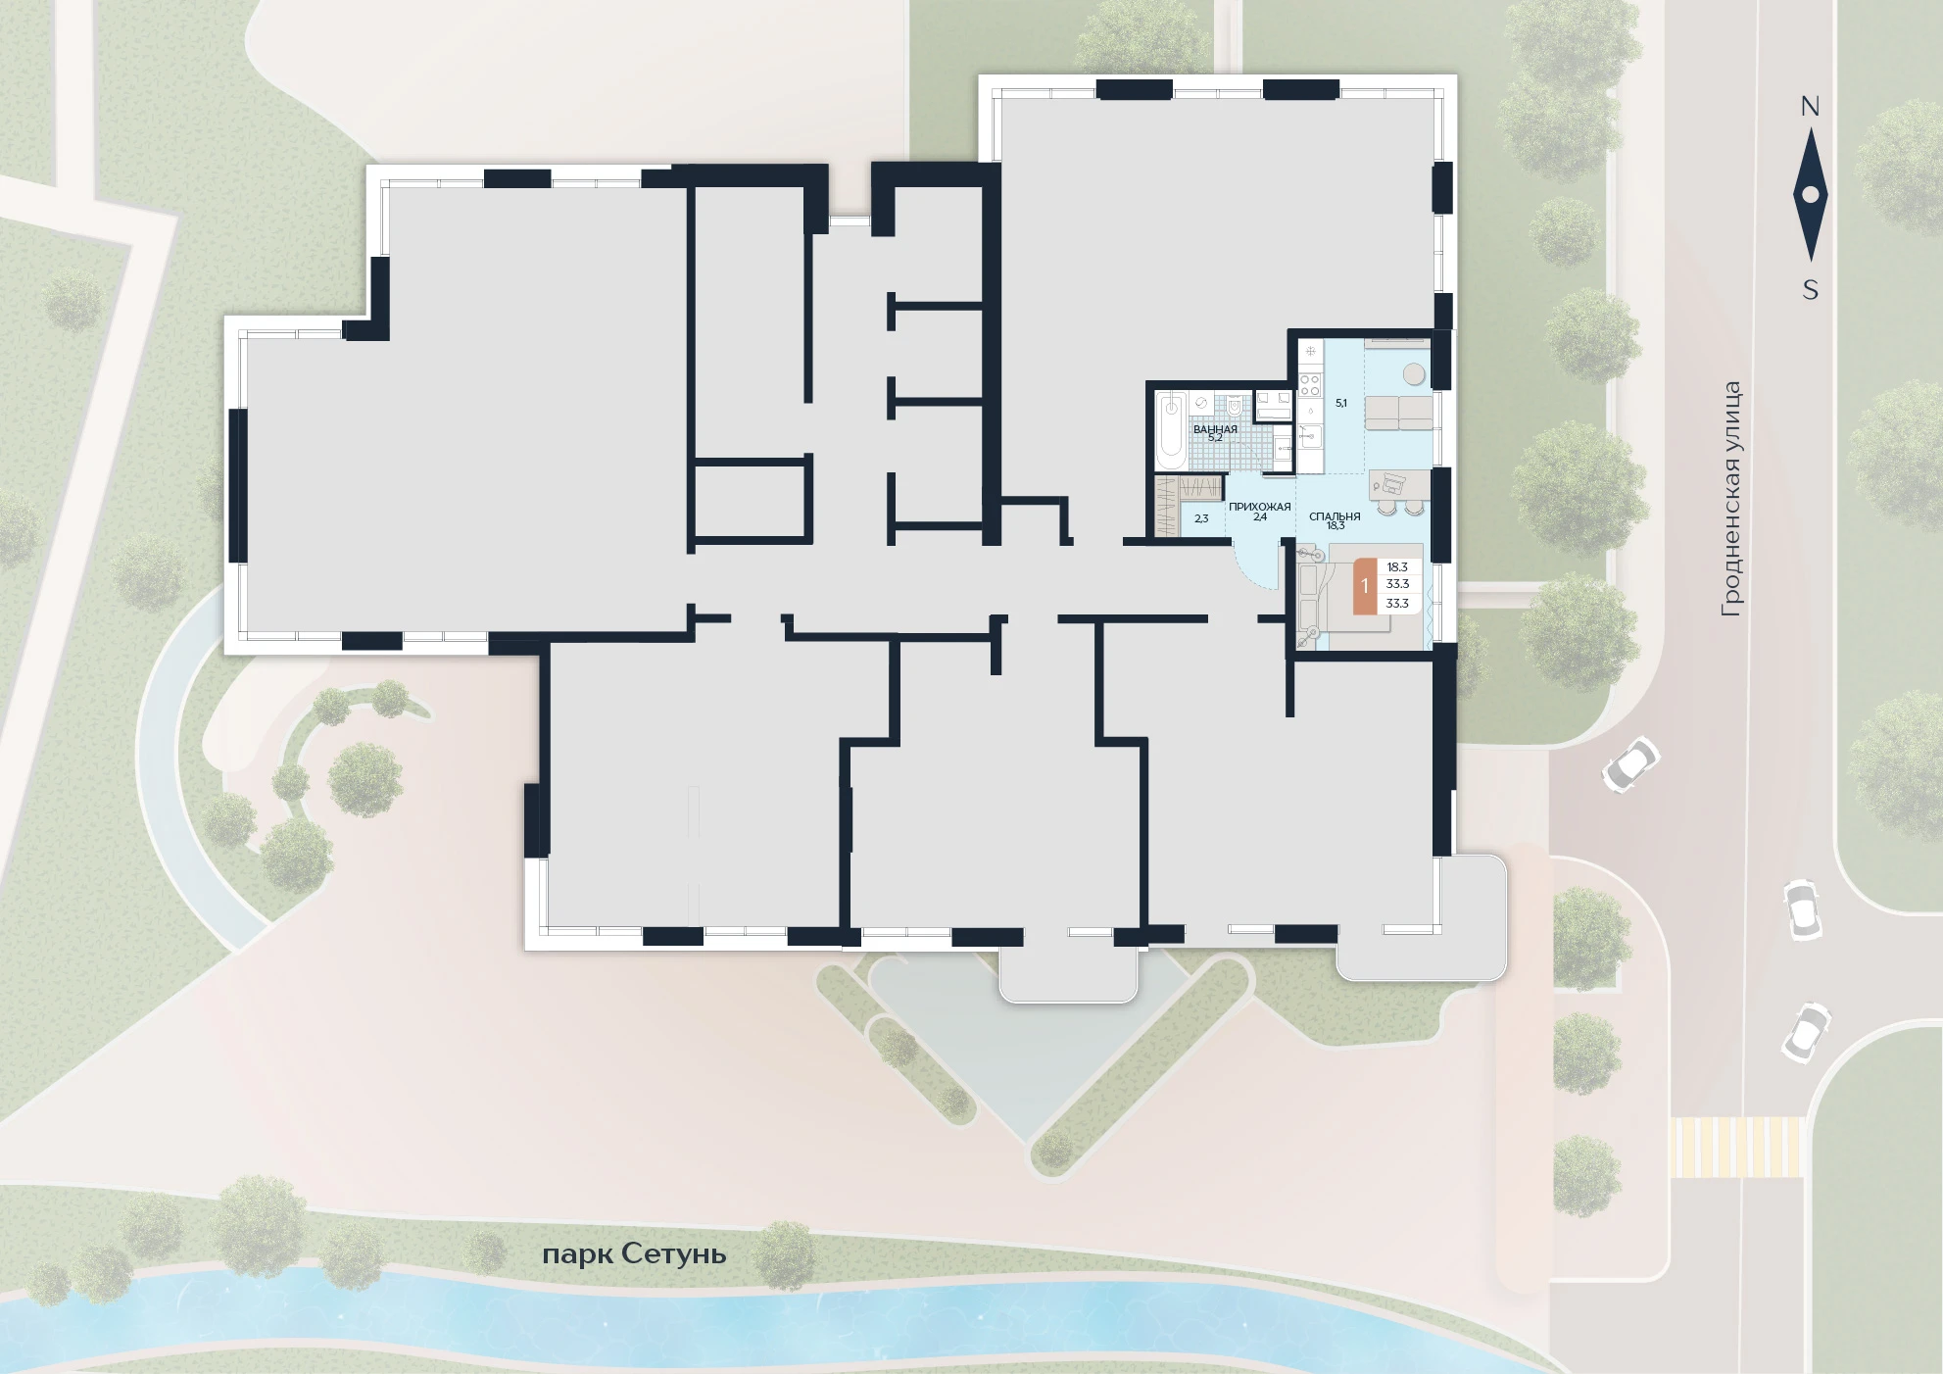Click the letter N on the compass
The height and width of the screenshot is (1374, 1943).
[x=1810, y=107]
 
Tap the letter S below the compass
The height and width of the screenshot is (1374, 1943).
[x=1811, y=290]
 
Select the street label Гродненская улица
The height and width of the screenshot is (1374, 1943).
[x=1731, y=499]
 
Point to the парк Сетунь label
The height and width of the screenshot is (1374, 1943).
[x=634, y=1254]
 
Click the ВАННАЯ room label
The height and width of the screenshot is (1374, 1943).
[x=1215, y=429]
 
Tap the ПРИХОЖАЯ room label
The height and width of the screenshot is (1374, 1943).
[x=1260, y=507]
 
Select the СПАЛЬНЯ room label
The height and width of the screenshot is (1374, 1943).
[x=1335, y=516]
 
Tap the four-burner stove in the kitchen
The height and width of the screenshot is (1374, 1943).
[x=1310, y=381]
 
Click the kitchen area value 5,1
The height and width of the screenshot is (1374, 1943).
[x=1341, y=403]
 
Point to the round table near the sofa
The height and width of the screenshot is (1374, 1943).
[x=1414, y=374]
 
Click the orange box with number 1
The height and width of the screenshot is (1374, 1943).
[x=1365, y=586]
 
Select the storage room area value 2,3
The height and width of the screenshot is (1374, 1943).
[x=1201, y=518]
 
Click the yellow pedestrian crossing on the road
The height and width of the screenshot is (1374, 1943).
[x=1736, y=1147]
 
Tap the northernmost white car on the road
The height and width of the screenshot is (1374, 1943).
[x=1630, y=764]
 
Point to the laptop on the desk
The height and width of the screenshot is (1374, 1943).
[x=1390, y=481]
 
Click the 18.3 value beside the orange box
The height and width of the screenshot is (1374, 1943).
[x=1397, y=567]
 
